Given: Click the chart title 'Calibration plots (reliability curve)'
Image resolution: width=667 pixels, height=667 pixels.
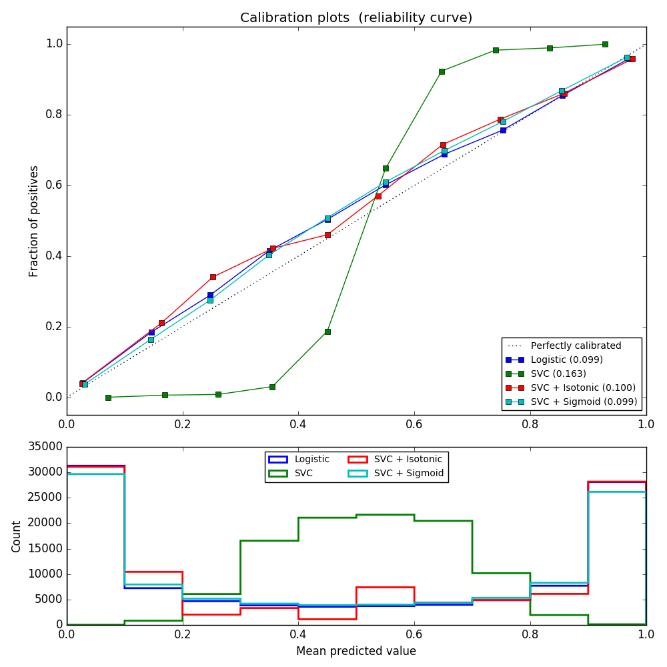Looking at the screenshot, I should [356, 18].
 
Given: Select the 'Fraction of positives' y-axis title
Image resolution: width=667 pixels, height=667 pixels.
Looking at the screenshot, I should [34, 221].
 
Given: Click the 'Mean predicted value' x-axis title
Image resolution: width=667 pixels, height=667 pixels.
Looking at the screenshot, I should [356, 651].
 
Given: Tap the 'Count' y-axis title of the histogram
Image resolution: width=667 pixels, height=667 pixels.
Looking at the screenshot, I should [17, 536].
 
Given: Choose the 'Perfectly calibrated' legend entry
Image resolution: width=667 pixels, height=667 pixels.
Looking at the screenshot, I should [576, 346].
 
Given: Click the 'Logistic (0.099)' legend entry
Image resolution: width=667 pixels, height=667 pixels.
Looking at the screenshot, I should [566, 360].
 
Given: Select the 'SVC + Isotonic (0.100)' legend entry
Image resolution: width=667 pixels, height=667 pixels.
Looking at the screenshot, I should [583, 388].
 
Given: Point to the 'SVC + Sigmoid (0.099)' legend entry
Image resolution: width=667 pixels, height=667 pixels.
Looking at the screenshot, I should [584, 402].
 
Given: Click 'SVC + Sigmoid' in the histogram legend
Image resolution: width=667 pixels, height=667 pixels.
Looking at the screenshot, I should [408, 473].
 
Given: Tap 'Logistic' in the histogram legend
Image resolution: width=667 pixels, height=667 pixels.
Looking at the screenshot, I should [311, 459].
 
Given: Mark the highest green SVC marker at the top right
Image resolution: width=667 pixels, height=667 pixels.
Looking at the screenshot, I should [605, 44].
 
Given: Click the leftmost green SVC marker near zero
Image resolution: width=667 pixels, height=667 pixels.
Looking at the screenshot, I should [108, 398].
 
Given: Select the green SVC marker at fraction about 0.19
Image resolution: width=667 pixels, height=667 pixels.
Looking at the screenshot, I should [327, 331].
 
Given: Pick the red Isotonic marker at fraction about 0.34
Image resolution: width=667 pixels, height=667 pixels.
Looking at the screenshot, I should [213, 277].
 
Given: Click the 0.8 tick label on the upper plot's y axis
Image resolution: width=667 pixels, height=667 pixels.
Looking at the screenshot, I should [53, 115].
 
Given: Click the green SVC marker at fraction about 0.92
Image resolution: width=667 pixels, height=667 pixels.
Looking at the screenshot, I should [442, 71].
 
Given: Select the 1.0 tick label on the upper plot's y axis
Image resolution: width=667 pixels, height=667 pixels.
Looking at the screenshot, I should [53, 44].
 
